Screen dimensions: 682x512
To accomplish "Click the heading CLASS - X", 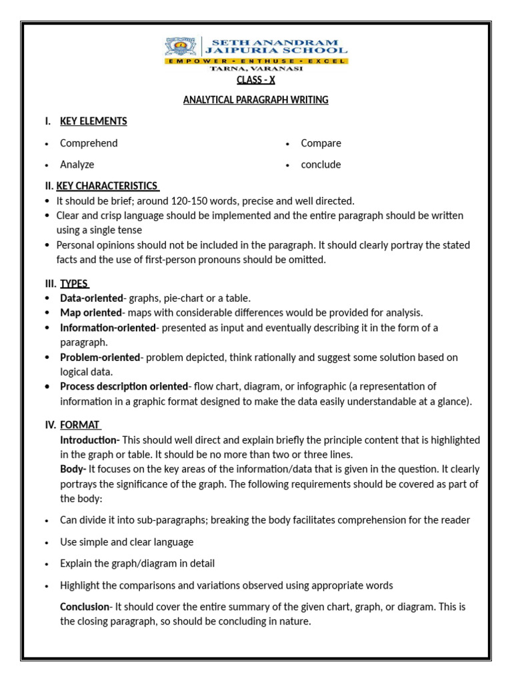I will pyautogui.click(x=256, y=80).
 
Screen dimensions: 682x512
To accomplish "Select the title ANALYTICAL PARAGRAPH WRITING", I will pyautogui.click(x=256, y=100).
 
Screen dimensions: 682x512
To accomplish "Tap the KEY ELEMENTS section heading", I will pyautogui.click(x=93, y=121).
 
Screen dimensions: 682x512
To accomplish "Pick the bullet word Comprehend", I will pyautogui.click(x=89, y=143).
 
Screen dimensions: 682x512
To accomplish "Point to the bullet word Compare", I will pyautogui.click(x=321, y=143).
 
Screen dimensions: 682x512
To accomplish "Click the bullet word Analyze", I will pyautogui.click(x=77, y=165).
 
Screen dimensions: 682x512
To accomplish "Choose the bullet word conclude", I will pyautogui.click(x=321, y=165).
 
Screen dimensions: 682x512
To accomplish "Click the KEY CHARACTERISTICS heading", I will pyautogui.click(x=107, y=186).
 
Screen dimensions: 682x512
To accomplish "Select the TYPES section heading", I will pyautogui.click(x=75, y=284).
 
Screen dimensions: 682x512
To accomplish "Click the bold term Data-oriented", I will pyautogui.click(x=91, y=298).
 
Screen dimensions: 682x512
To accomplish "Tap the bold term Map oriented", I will pyautogui.click(x=91, y=313).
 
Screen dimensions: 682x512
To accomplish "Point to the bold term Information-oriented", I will pyautogui.click(x=107, y=328).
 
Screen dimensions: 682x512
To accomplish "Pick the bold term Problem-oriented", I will pyautogui.click(x=100, y=357).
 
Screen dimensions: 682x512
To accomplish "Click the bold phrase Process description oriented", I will pyautogui.click(x=124, y=386).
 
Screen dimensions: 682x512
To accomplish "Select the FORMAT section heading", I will pyautogui.click(x=80, y=425).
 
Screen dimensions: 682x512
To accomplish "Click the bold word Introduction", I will pyautogui.click(x=89, y=440).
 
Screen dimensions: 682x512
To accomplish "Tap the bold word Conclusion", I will pyautogui.click(x=85, y=607).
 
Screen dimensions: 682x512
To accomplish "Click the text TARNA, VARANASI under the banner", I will pyautogui.click(x=256, y=69).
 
